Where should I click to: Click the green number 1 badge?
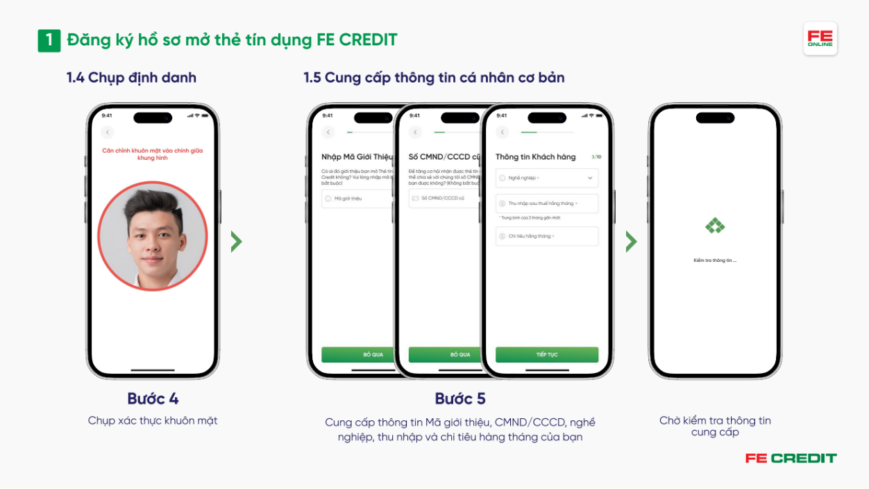49,40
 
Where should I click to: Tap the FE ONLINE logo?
820,38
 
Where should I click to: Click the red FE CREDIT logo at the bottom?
791,458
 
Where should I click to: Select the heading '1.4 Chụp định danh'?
131,78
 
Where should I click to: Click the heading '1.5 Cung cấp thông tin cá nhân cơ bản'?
434,78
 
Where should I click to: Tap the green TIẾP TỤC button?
547,354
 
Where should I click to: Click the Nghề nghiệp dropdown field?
547,179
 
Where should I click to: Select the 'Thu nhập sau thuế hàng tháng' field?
547,204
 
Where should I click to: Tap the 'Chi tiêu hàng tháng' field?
547,236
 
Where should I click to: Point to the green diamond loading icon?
715,226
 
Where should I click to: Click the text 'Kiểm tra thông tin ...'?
715,260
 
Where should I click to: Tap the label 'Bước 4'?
153,399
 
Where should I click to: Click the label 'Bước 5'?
460,399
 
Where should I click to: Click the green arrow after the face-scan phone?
237,242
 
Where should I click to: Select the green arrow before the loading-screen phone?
631,242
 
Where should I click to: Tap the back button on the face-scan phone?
107,132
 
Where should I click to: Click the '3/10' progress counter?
596,157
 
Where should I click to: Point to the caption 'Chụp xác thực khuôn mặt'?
153,420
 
